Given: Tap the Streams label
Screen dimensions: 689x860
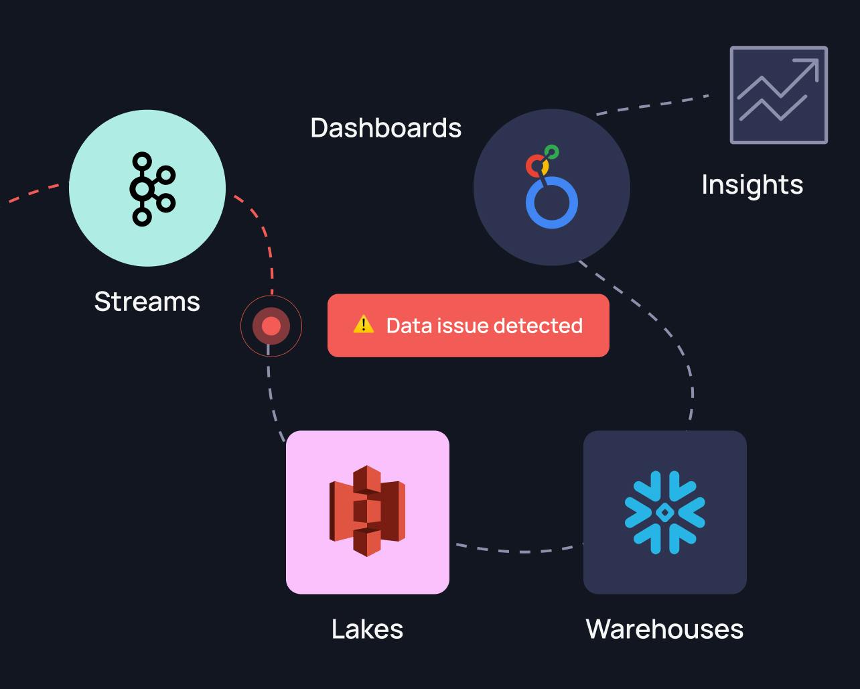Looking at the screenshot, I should click(147, 302).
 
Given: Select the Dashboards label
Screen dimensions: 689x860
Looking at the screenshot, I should click(386, 128).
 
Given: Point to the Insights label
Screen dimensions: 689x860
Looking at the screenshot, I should click(752, 185).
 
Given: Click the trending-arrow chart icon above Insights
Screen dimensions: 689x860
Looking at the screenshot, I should click(778, 95).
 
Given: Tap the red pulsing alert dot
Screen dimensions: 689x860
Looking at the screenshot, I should click(271, 326).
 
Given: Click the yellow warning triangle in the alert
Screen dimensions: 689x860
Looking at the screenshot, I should click(363, 325).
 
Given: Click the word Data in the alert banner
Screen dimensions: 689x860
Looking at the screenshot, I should click(409, 326).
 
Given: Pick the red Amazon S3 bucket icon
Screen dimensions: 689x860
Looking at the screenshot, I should click(367, 511).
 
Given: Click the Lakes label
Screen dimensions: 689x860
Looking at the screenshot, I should click(367, 629).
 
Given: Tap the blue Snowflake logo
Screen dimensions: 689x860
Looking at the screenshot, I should click(664, 512).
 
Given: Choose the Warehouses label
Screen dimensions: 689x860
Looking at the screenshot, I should click(664, 629).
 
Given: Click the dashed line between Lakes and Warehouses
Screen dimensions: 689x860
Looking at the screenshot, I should click(519, 551).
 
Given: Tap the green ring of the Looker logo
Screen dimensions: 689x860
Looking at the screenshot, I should click(551, 152).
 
